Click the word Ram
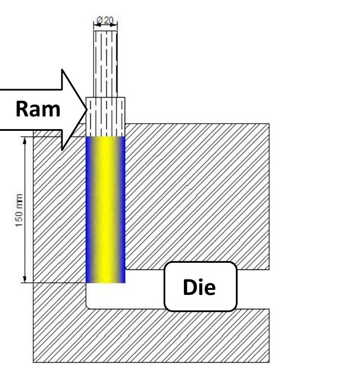click(x=38, y=109)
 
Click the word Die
click(x=199, y=287)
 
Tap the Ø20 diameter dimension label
click(x=105, y=21)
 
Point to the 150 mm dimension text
click(x=19, y=210)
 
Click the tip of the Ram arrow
click(x=87, y=109)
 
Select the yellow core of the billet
click(x=105, y=210)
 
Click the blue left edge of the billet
click(x=89, y=210)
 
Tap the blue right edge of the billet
click(x=122, y=210)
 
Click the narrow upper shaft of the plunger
click(x=105, y=64)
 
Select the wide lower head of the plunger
click(x=105, y=117)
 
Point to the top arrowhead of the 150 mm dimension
click(x=24, y=140)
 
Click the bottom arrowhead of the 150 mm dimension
click(x=24, y=280)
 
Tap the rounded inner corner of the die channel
click(x=88, y=307)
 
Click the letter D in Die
click(x=189, y=287)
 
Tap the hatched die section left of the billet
click(x=59, y=210)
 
